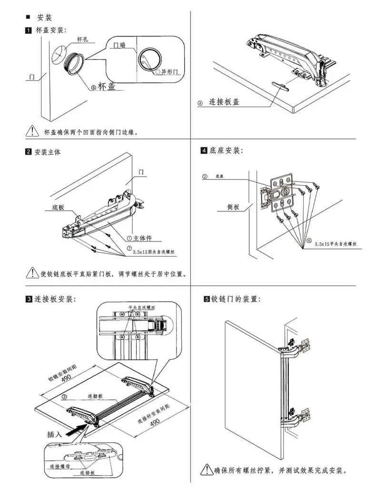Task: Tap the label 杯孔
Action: coord(83,40)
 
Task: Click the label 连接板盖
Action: coord(224,102)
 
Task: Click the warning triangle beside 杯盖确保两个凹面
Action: coord(32,131)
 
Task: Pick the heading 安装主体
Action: coord(48,153)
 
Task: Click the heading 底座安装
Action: coord(226,151)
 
